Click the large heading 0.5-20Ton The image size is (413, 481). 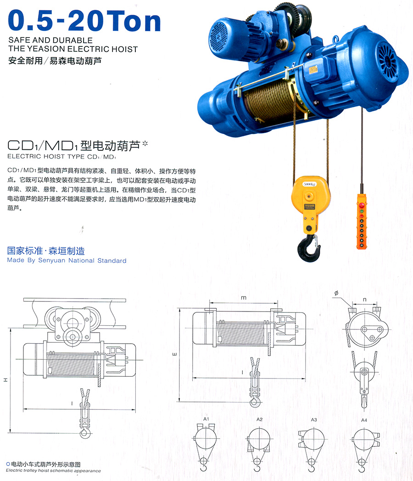coord(85,20)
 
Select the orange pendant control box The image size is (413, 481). coord(363,220)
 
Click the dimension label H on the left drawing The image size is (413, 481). coord(6,379)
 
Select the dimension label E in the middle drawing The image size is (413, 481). coord(174,355)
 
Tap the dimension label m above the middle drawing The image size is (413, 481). coord(244,298)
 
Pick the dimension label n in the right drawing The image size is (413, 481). coord(364,300)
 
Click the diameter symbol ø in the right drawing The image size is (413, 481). coord(336,293)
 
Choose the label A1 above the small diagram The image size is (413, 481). coord(206,419)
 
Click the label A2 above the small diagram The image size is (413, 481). coord(259,419)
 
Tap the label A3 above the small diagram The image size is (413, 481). coord(314,419)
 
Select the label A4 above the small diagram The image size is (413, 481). coord(364,419)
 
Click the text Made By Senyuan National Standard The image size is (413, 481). coord(67,260)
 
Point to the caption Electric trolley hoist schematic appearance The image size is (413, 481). coord(53,471)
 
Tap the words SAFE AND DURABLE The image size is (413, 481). coord(50,40)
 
